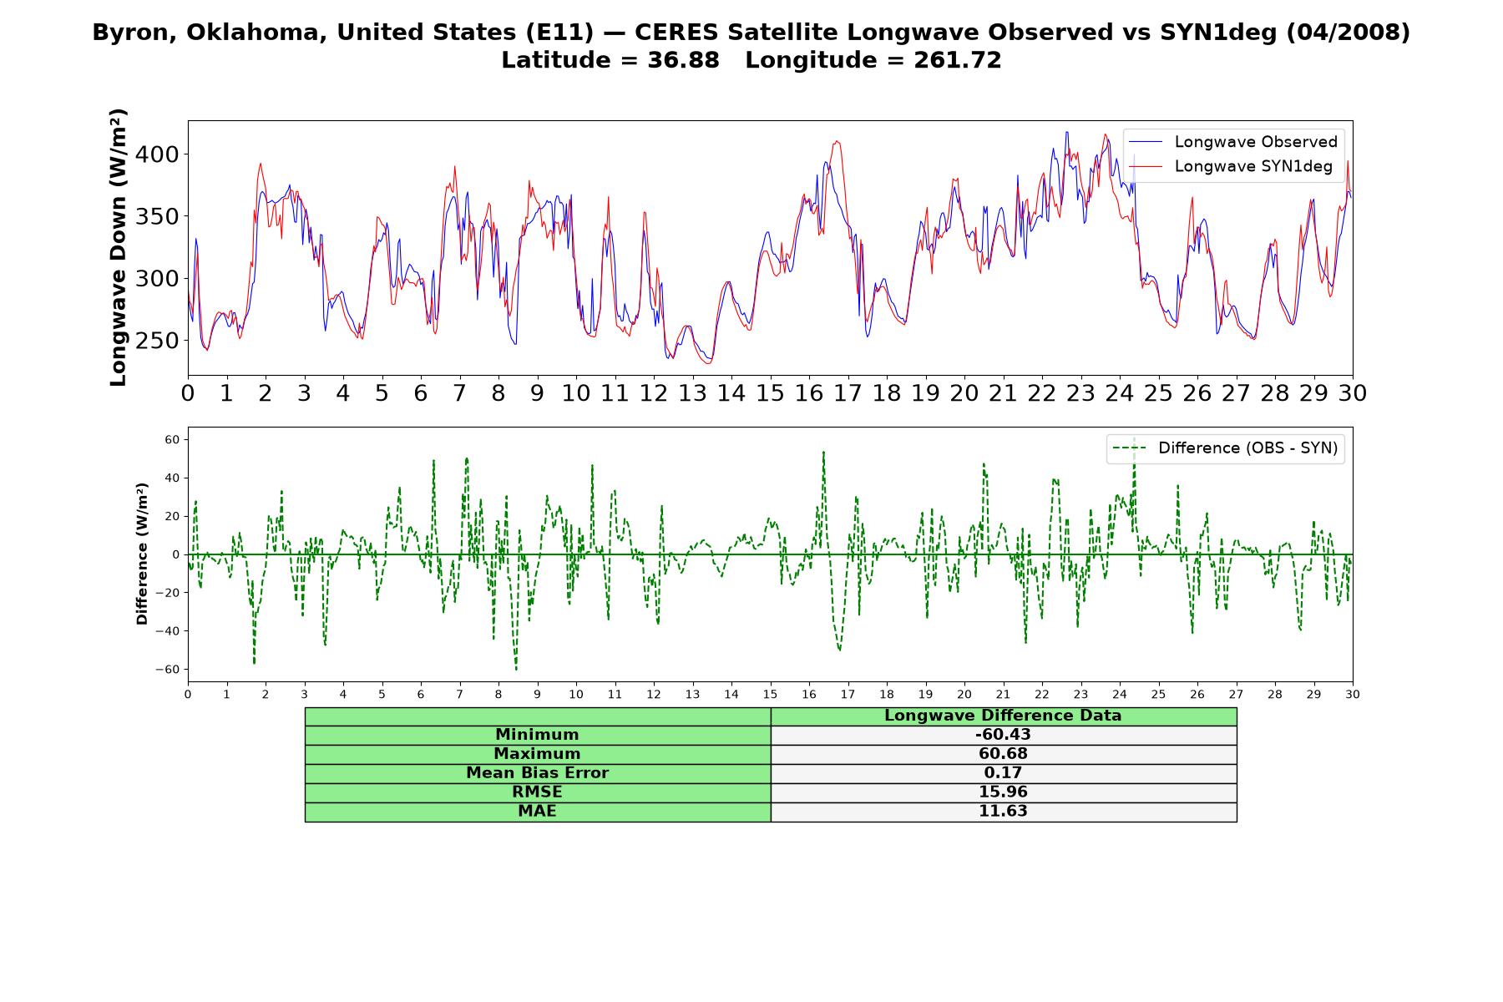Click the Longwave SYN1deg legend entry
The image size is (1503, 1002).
coord(1231,166)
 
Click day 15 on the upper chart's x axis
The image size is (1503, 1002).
coord(770,393)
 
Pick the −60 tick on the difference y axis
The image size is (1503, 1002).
coord(167,670)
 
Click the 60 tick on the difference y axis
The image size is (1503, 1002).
coord(173,439)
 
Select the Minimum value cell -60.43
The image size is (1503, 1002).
coord(1003,735)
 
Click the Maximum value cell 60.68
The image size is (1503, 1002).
coord(1003,754)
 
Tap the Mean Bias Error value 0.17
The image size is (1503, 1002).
coord(1003,773)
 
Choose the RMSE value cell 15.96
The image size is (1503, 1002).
coord(1003,792)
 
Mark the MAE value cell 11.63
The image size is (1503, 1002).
coord(1003,812)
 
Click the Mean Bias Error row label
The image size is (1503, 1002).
coord(537,773)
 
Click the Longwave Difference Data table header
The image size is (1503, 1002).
coord(1003,716)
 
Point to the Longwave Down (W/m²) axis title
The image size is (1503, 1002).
coord(118,247)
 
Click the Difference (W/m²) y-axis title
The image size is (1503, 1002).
coord(142,554)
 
